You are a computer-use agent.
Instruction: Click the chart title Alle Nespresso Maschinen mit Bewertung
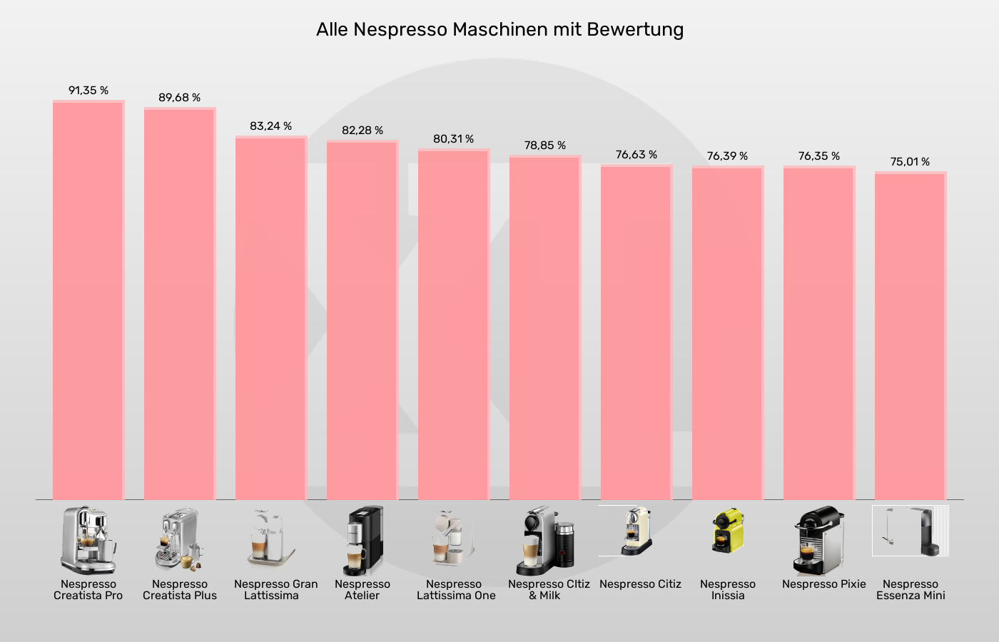(499, 30)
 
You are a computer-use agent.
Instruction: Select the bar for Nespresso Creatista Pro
(88, 300)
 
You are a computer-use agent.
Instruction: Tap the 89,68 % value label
(179, 98)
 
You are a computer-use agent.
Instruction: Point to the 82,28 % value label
(362, 131)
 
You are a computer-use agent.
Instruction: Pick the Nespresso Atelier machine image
(363, 541)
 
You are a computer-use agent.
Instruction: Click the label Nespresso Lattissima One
(455, 590)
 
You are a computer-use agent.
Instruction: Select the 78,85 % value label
(545, 146)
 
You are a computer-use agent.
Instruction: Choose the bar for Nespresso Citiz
(637, 332)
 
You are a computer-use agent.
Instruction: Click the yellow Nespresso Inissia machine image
(727, 531)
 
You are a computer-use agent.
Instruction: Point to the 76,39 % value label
(727, 156)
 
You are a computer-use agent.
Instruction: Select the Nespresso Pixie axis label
(823, 584)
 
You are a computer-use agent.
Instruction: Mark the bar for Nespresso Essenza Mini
(911, 335)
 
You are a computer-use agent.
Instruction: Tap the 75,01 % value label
(910, 162)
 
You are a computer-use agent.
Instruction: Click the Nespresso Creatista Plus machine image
(178, 540)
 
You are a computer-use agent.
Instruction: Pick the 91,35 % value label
(88, 91)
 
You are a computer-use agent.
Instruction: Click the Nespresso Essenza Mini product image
(911, 531)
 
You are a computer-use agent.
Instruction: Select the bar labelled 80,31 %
(454, 325)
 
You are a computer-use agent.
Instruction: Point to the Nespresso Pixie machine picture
(819, 541)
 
